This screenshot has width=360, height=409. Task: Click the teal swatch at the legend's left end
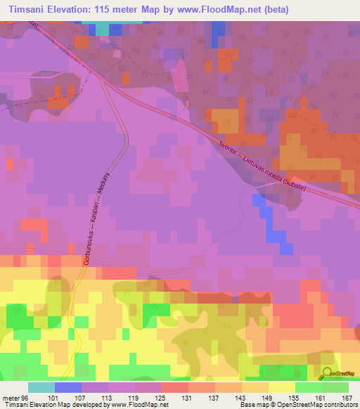41,387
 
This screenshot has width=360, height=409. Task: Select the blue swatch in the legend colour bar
67,387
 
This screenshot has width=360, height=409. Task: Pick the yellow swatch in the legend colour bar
281,387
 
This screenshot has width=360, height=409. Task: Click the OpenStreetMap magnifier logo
328,375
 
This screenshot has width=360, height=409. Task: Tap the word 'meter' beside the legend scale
11,398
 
